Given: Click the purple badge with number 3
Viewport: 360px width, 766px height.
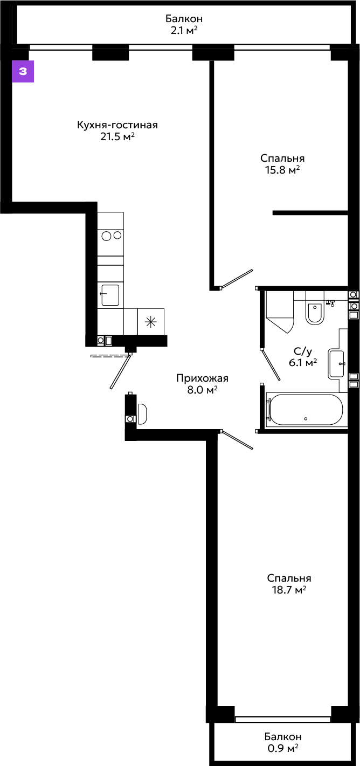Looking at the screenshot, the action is (x=23, y=72).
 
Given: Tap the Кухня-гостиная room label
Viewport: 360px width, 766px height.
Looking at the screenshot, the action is (x=117, y=125).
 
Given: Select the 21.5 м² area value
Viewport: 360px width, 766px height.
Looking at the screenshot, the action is (x=117, y=137).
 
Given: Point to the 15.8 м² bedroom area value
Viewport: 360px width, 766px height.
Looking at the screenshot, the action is (x=282, y=170).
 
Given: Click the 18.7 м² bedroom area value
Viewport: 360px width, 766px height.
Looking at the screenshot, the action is (x=289, y=590).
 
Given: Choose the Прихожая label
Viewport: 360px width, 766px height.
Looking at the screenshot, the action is (x=203, y=378).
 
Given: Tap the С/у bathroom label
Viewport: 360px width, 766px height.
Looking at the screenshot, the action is (x=303, y=351).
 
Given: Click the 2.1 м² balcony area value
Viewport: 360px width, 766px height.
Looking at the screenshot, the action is (x=184, y=30).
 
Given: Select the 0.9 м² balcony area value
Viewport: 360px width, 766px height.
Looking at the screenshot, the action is (x=283, y=749).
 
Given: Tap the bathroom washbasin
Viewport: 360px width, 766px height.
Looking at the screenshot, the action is (x=336, y=364).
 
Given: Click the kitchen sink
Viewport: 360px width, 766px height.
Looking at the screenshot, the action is (x=110, y=295).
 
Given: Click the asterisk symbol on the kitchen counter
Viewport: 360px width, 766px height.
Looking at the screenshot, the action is (x=151, y=322).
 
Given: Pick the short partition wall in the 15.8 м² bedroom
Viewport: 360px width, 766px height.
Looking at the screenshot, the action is (x=310, y=213).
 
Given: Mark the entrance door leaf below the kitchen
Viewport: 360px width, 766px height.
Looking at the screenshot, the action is (x=121, y=372).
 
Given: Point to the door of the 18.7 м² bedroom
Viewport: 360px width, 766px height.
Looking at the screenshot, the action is (x=237, y=439).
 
